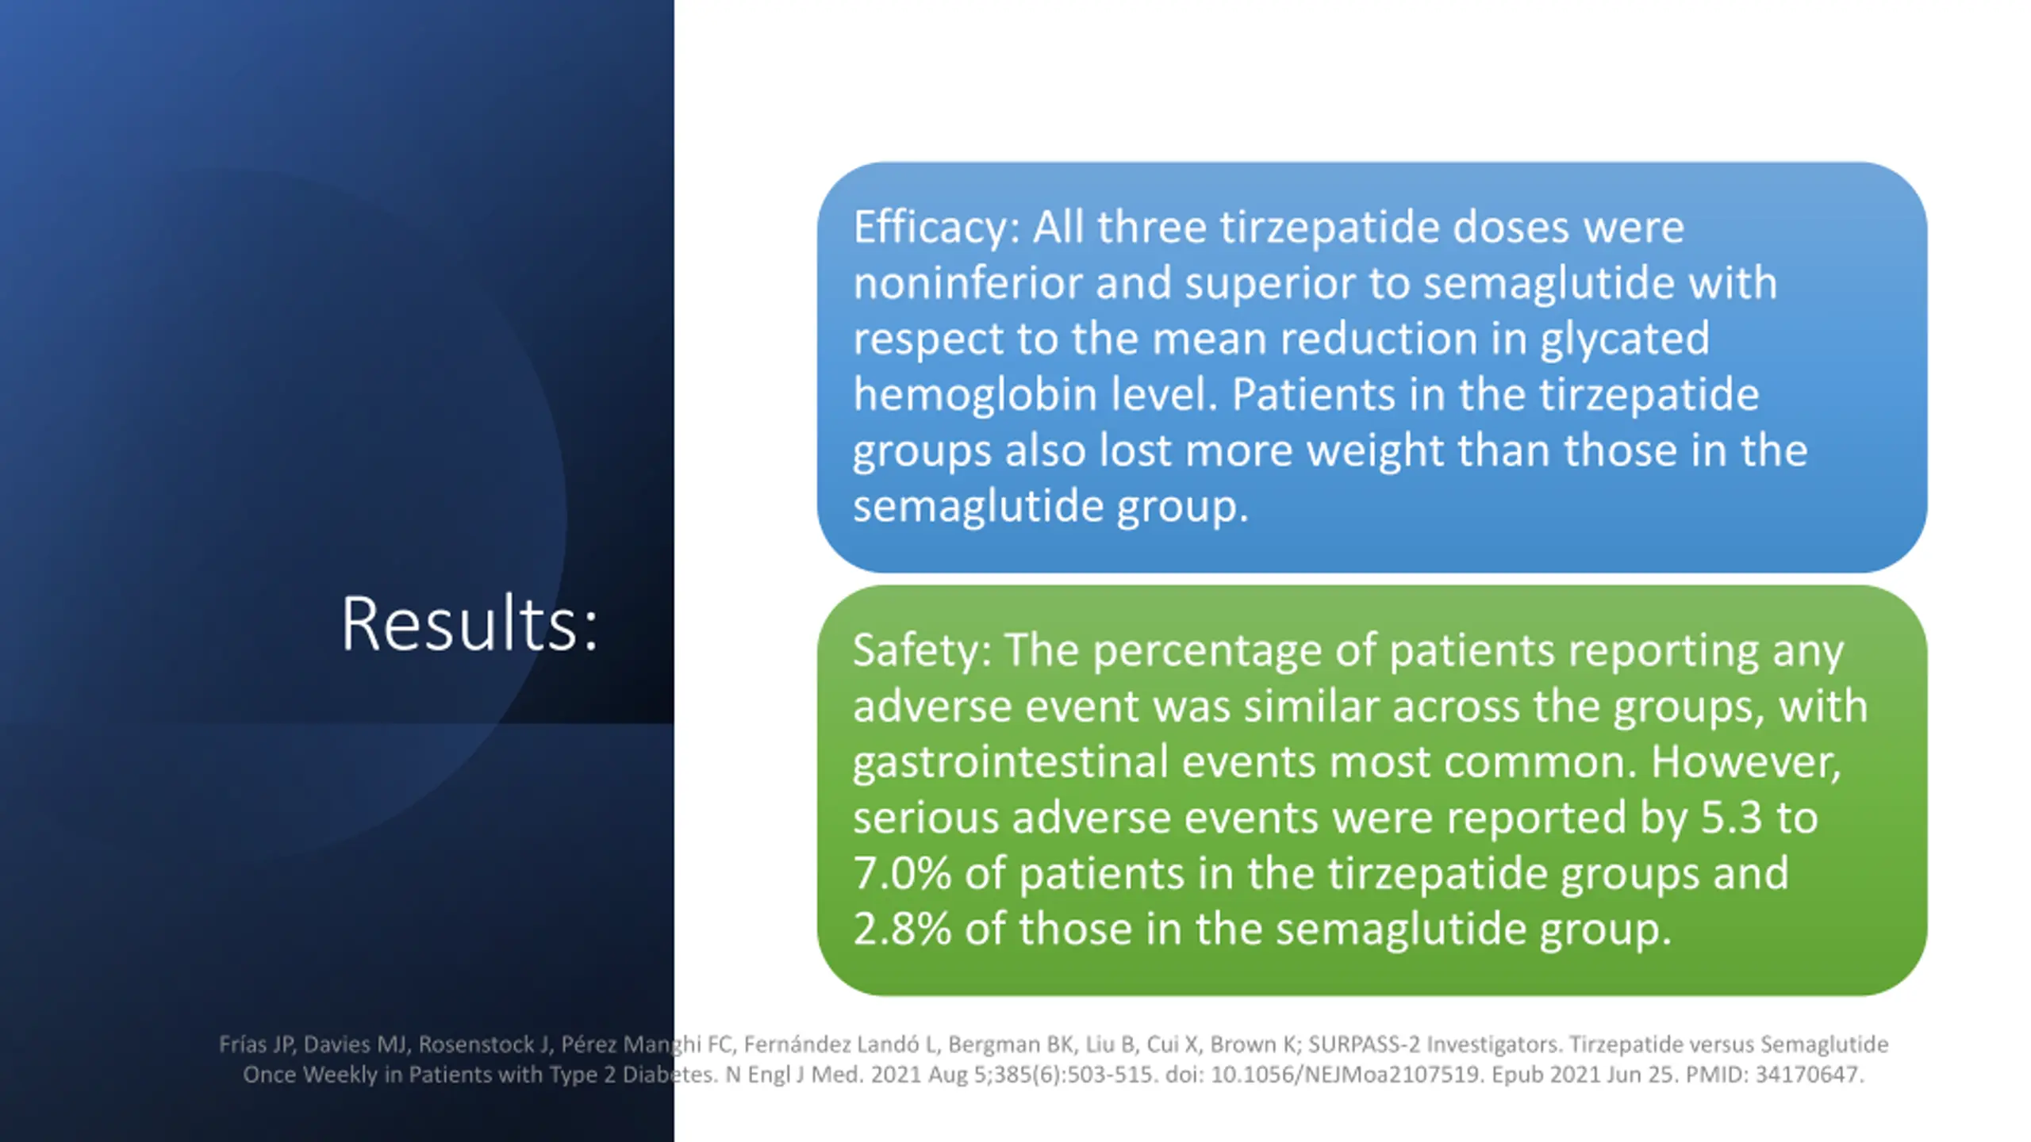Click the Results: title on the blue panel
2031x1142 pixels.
click(x=469, y=624)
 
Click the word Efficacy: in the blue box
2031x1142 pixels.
click(x=936, y=228)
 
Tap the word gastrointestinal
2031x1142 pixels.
click(x=1011, y=764)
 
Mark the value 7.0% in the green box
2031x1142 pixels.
click(x=902, y=874)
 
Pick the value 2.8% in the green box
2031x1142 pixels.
click(x=902, y=929)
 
